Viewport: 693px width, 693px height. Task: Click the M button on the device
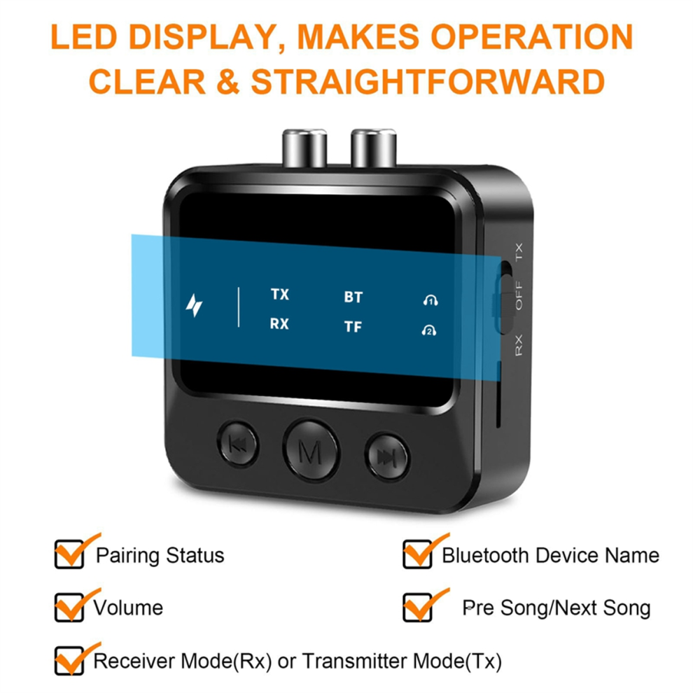(311, 450)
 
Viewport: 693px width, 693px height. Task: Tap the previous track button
(238, 444)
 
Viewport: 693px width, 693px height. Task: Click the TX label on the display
(280, 294)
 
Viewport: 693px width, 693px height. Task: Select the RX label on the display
(279, 324)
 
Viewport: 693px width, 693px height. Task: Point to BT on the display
(353, 297)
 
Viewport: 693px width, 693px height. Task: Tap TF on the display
(353, 327)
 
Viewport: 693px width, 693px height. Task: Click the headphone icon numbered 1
(430, 300)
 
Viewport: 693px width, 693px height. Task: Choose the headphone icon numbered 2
(429, 330)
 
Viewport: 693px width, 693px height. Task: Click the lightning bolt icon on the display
(194, 305)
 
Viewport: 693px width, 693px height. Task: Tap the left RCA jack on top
(304, 148)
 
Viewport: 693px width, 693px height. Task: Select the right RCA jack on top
(374, 148)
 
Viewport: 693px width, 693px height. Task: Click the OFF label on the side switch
(519, 295)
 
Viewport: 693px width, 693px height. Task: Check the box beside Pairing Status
(69, 554)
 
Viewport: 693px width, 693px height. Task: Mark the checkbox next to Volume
(69, 608)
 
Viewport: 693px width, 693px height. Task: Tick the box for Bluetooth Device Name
(417, 554)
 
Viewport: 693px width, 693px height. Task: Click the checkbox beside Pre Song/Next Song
(417, 608)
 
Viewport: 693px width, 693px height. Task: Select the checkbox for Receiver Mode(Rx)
(69, 661)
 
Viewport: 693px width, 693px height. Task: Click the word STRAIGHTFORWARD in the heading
(428, 82)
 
